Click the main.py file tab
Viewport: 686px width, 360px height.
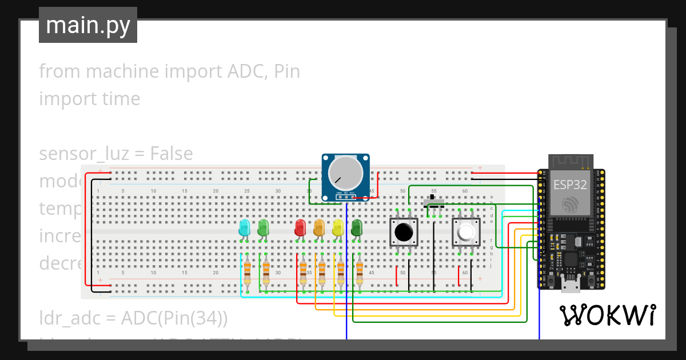tap(87, 25)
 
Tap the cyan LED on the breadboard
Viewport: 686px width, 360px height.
tap(244, 227)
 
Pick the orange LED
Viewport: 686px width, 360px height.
tap(319, 228)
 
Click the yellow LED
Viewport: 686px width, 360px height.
tap(338, 228)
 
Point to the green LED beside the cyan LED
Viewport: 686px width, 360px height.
tap(263, 227)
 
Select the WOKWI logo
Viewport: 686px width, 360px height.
tap(607, 315)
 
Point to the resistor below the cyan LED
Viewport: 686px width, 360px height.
tap(247, 273)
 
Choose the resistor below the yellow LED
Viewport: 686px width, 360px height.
tap(341, 273)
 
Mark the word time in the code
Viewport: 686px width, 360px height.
tap(118, 99)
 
